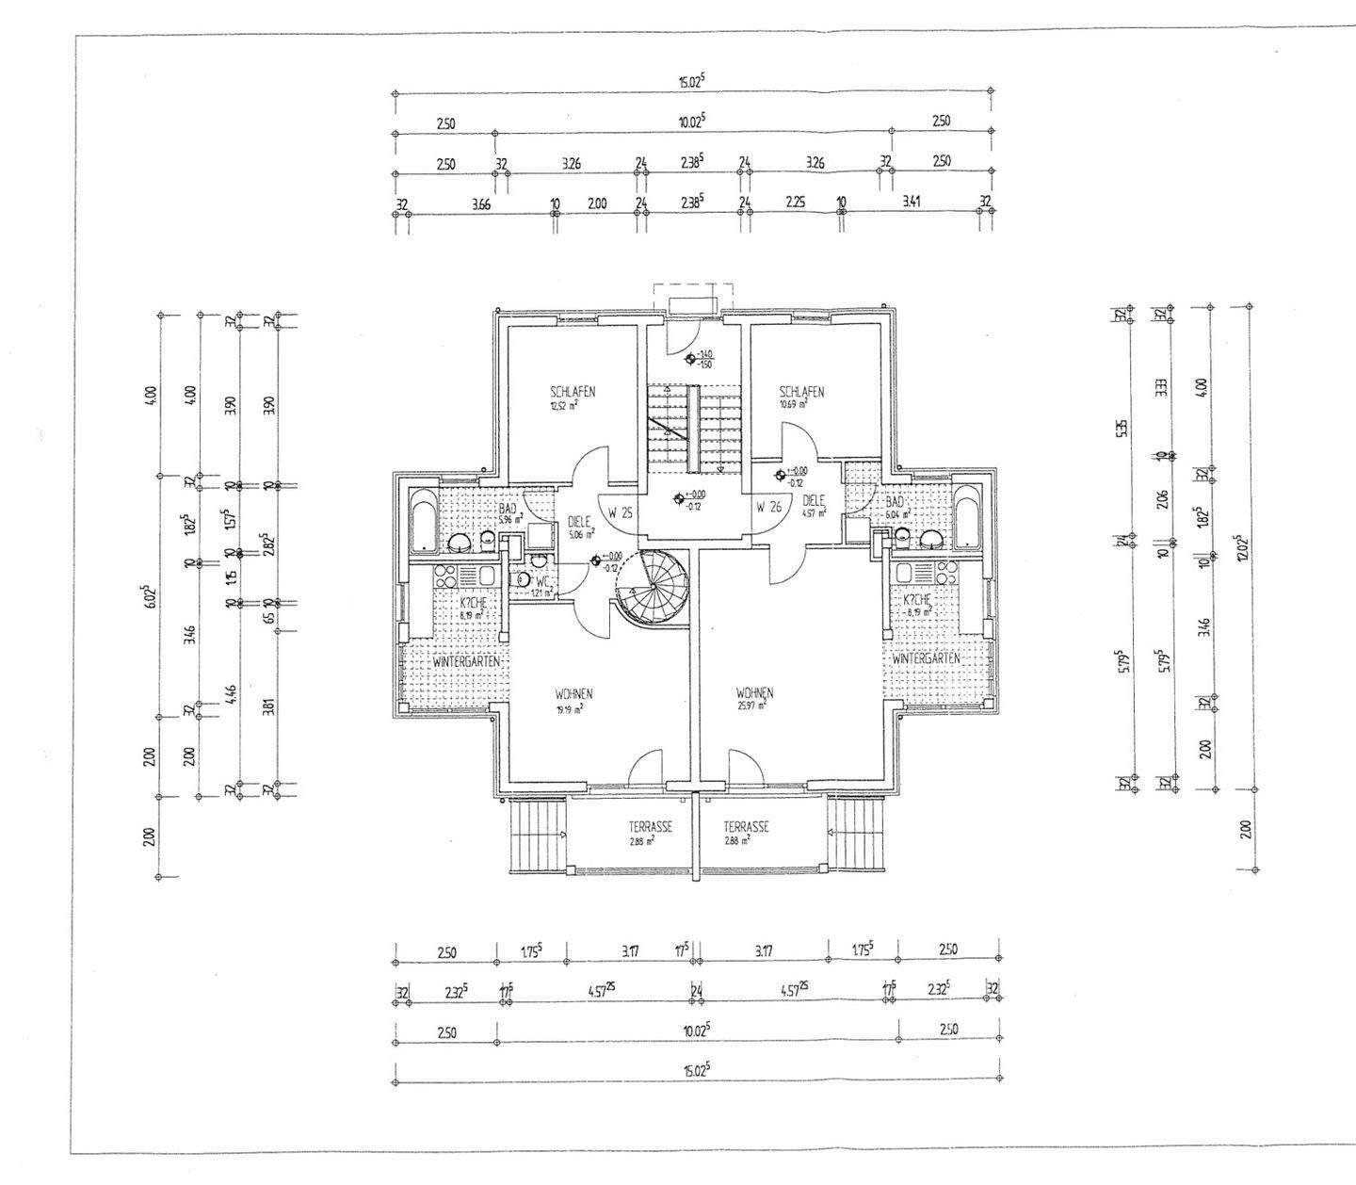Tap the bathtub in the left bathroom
[x=422, y=520]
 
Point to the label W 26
[x=769, y=507]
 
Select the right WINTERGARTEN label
[x=927, y=658]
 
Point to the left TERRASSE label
[x=650, y=827]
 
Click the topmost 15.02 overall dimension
[x=692, y=82]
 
